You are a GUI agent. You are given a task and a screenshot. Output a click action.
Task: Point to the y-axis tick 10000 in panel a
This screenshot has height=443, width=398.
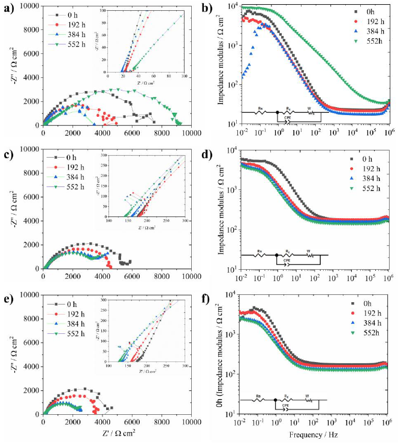(x=28, y=5)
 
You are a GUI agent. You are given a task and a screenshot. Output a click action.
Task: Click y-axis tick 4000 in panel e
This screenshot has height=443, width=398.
(x=30, y=366)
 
